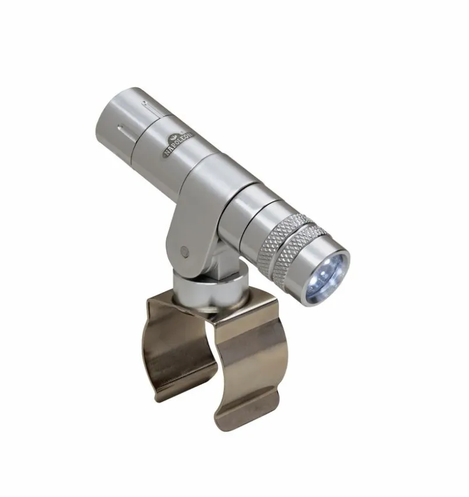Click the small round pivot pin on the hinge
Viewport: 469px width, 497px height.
pyautogui.click(x=184, y=252)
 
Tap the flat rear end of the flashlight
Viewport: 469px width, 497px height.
pyautogui.click(x=110, y=114)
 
